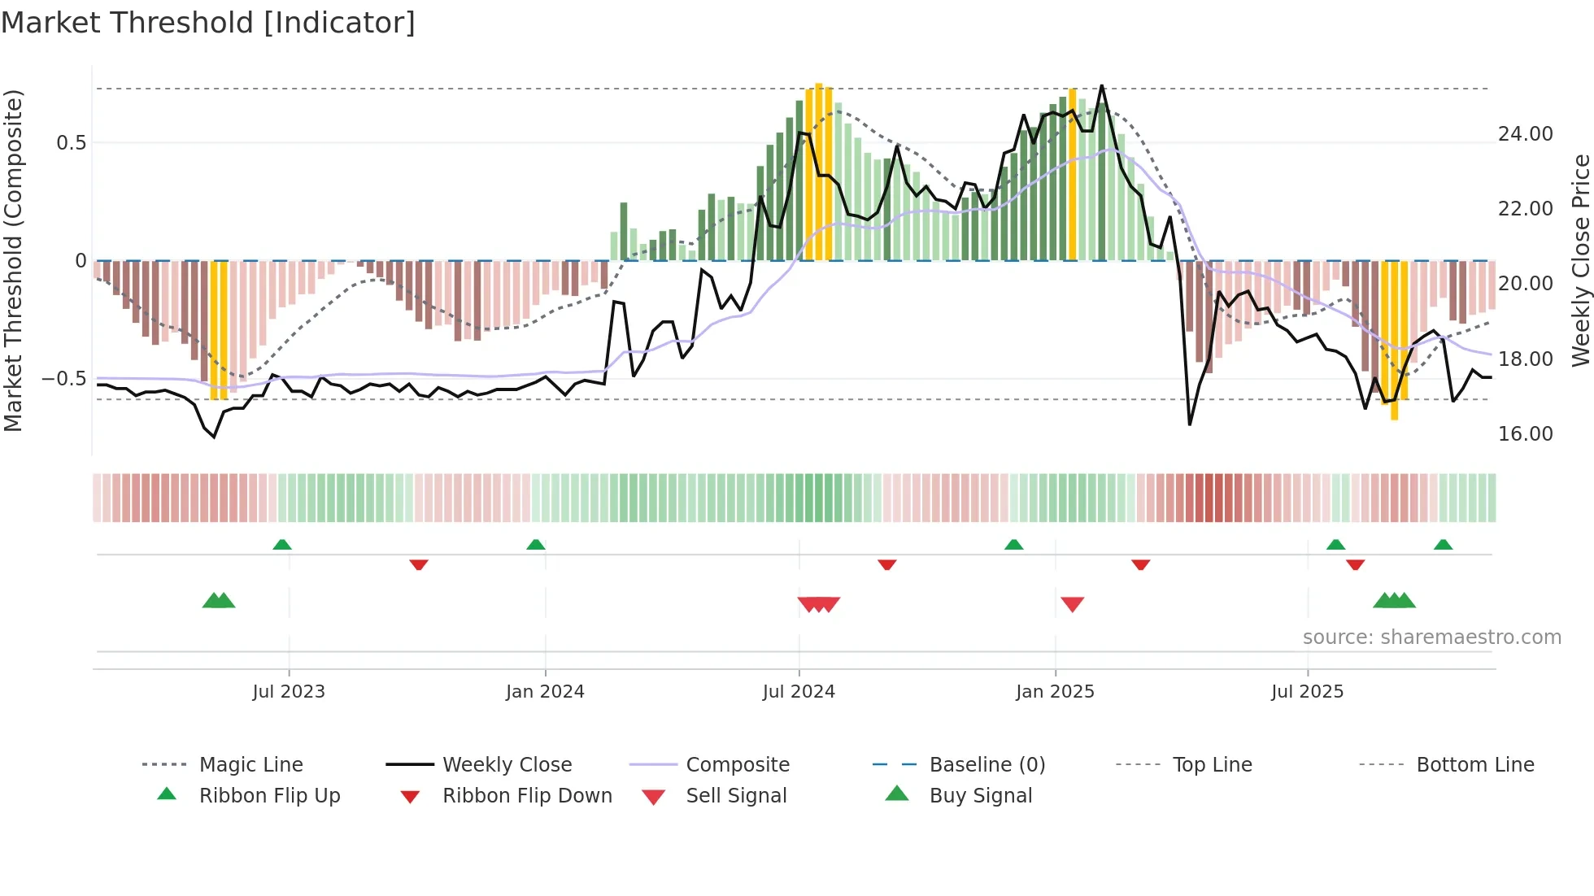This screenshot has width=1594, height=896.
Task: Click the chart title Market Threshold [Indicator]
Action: coord(208,23)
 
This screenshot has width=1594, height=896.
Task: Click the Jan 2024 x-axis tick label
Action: coord(545,692)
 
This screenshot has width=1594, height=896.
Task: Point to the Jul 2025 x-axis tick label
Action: coord(1307,692)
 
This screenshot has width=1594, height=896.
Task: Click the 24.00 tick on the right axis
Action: coord(1525,134)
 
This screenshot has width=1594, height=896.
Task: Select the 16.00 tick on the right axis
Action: coord(1525,434)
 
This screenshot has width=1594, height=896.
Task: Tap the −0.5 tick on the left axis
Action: coord(63,379)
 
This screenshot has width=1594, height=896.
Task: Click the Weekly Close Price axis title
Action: coord(1580,260)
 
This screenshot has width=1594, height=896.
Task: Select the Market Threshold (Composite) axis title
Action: coord(13,260)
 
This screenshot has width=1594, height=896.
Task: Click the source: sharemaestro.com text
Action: coord(1431,637)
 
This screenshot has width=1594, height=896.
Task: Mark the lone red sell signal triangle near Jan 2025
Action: coord(1072,604)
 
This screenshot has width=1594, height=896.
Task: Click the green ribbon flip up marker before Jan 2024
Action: coord(535,545)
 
